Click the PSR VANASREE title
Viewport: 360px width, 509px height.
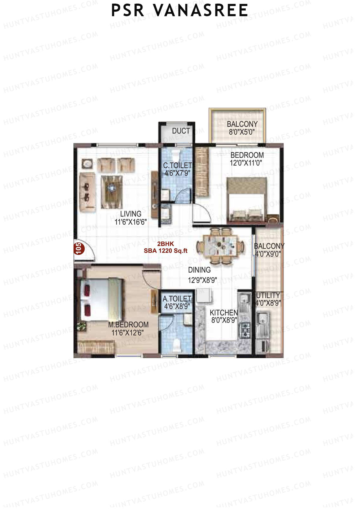pos(179,10)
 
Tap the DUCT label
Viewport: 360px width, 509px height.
pos(181,131)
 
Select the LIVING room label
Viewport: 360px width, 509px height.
pos(130,214)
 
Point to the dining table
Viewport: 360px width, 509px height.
pos(221,245)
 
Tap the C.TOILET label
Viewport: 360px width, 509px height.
pos(177,165)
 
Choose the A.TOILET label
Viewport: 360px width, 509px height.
pos(177,299)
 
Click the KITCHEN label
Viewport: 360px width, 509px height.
pos(224,313)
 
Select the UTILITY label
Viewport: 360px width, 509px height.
pos(268,295)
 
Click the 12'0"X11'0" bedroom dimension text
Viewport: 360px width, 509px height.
pos(246,163)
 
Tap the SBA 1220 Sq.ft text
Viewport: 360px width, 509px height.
pos(166,251)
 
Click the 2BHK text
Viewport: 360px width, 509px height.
pos(166,244)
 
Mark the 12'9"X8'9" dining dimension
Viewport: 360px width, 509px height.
pos(202,280)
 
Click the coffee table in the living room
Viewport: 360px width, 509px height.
pos(112,191)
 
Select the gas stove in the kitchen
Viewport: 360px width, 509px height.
pos(246,329)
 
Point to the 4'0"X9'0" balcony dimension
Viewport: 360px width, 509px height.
pos(268,254)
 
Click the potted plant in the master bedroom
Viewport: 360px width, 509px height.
pos(81,326)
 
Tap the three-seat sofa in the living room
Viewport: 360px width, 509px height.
pos(87,191)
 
